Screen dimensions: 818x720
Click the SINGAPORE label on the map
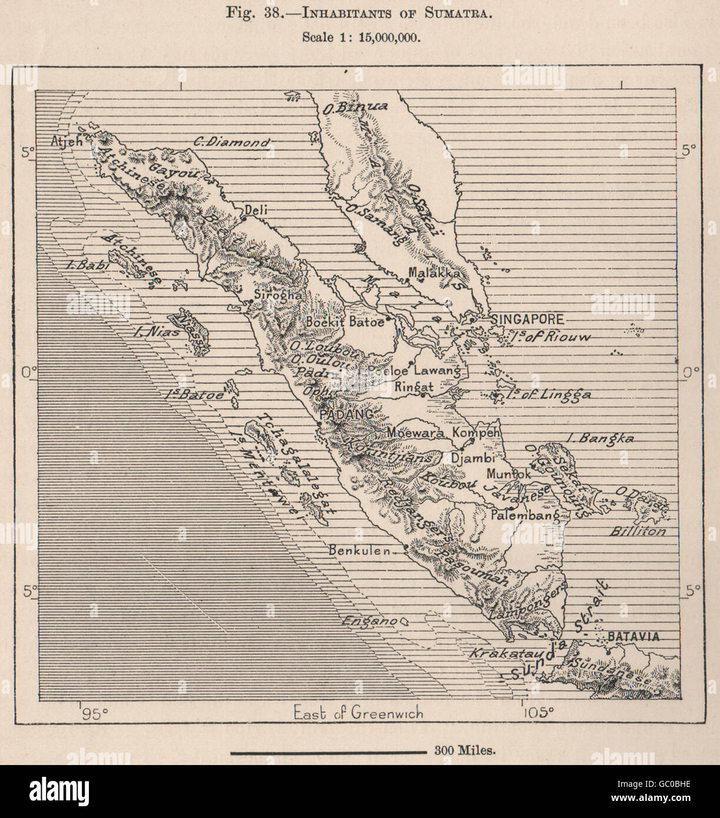(x=527, y=320)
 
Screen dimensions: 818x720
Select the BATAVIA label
(x=633, y=636)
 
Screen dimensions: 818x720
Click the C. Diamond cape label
(x=232, y=142)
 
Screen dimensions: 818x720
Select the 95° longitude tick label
(x=95, y=714)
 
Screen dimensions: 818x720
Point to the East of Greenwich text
(x=359, y=713)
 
